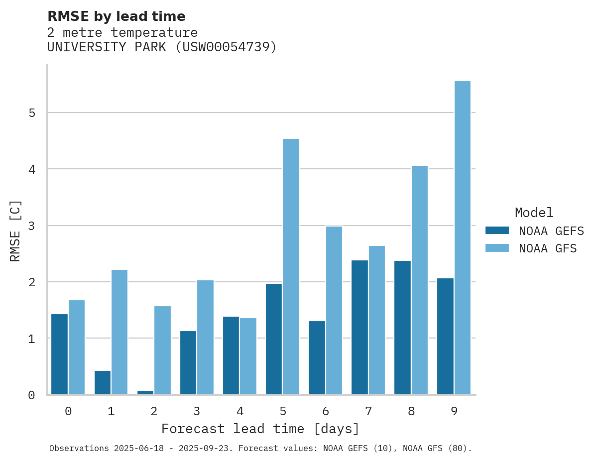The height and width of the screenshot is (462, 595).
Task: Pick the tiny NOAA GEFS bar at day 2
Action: click(145, 392)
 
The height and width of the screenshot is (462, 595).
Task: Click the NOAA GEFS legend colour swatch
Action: click(497, 231)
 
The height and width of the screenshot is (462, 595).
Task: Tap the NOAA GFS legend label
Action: click(548, 248)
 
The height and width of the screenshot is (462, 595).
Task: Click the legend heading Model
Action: click(534, 213)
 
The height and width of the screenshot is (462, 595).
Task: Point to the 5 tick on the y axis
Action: click(32, 113)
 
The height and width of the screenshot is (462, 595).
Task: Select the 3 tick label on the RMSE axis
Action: click(32, 226)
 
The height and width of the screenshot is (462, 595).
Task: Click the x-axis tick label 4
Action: click(240, 412)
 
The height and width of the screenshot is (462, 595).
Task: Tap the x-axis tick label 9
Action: click(454, 412)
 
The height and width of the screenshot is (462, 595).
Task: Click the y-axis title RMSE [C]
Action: click(15, 230)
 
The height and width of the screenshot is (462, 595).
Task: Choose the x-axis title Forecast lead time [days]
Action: click(260, 429)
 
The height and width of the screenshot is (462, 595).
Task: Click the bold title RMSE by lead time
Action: click(116, 16)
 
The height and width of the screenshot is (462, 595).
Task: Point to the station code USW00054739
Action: click(227, 47)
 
